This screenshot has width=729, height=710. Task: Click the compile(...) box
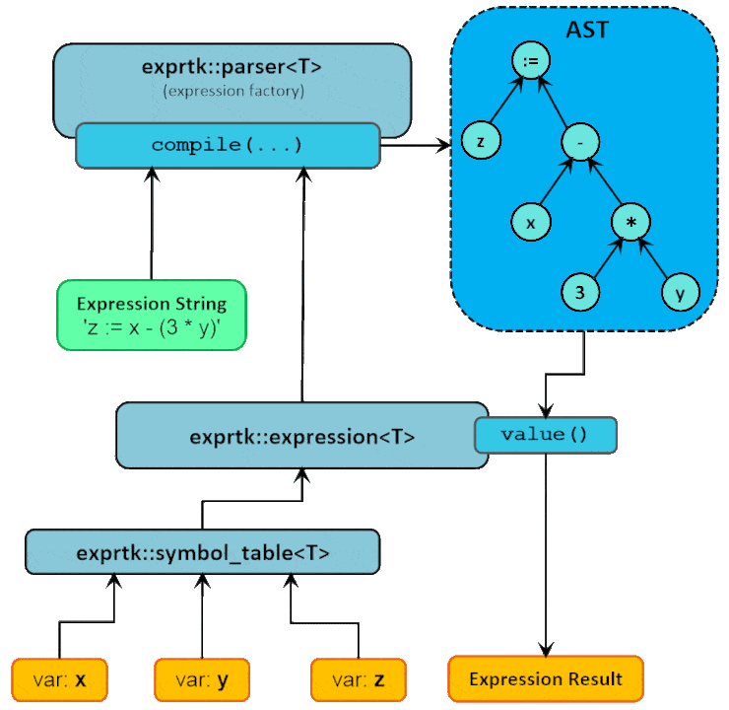(x=228, y=145)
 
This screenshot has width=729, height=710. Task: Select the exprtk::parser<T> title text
(x=232, y=69)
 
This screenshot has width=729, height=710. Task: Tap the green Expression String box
(x=151, y=315)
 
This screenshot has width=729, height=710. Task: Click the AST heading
(x=586, y=29)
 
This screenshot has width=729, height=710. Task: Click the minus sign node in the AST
(x=581, y=143)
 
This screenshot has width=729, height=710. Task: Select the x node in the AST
(x=531, y=223)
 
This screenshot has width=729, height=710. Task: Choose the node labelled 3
(x=580, y=293)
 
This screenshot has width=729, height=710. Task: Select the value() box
(x=545, y=435)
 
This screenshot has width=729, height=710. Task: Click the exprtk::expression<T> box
(x=301, y=435)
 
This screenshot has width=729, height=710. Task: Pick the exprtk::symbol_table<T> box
(x=202, y=552)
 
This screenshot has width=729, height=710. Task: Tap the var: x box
(x=60, y=679)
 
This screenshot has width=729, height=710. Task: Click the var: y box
(x=202, y=679)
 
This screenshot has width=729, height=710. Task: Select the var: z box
(x=359, y=679)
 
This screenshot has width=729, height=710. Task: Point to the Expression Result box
(x=545, y=678)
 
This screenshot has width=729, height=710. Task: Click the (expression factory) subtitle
(x=232, y=91)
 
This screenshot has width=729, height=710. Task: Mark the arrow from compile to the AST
(x=415, y=146)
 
